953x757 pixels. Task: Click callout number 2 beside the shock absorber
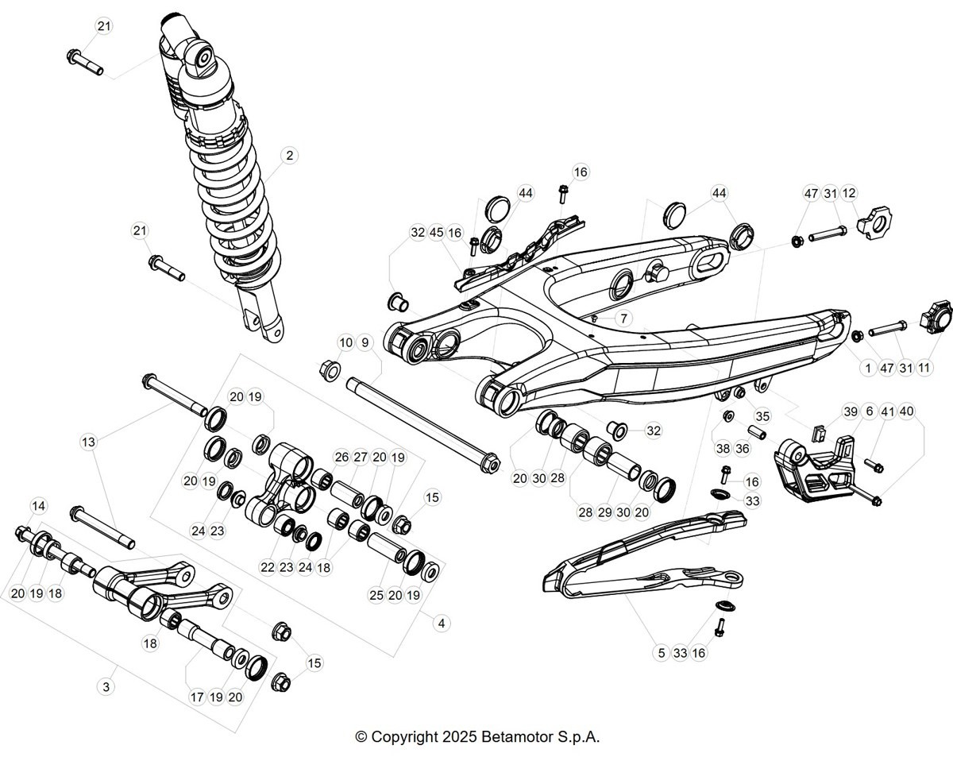tap(290, 156)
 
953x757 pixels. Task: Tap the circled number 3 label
tap(106, 687)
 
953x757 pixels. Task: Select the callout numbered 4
tap(441, 624)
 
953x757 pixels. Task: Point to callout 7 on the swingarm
tap(623, 318)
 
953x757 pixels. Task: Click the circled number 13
tap(89, 442)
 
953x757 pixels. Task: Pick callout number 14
tap(39, 506)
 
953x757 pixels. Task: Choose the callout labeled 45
tap(436, 233)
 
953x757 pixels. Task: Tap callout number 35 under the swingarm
tap(762, 416)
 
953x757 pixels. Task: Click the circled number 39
tap(851, 411)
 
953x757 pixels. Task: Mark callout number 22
tap(268, 567)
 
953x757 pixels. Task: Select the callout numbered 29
tap(604, 512)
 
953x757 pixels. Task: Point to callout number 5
tap(662, 653)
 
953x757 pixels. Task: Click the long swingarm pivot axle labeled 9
tap(423, 424)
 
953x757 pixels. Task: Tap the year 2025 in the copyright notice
tap(459, 737)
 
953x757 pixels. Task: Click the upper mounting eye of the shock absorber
tap(202, 56)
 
